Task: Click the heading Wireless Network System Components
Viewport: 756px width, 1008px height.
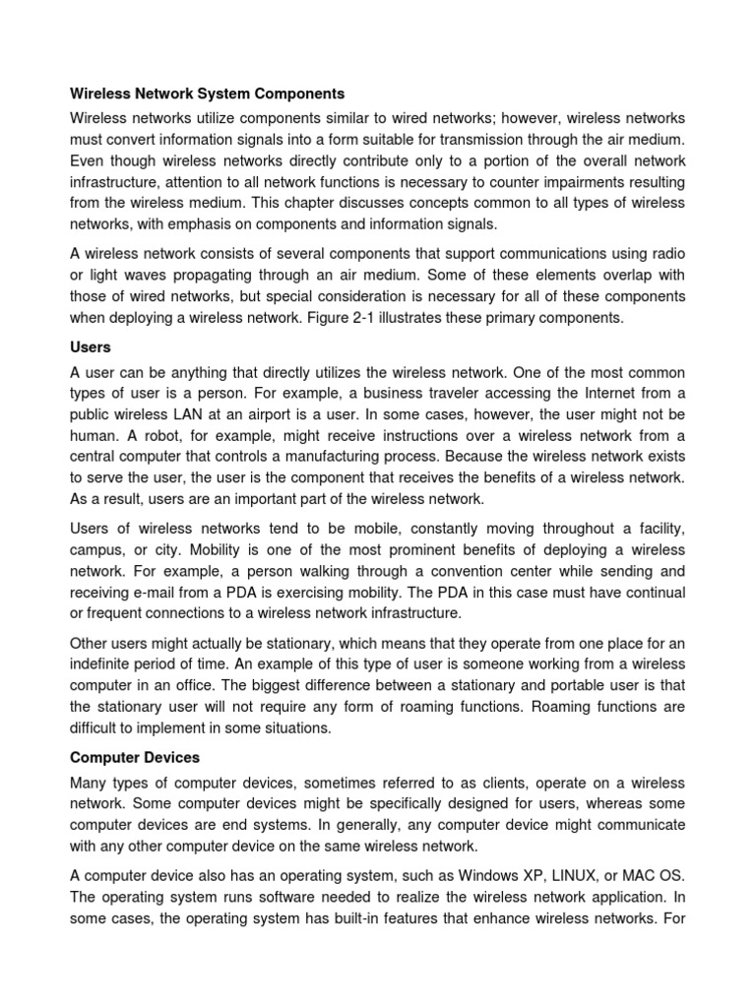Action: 207,94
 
